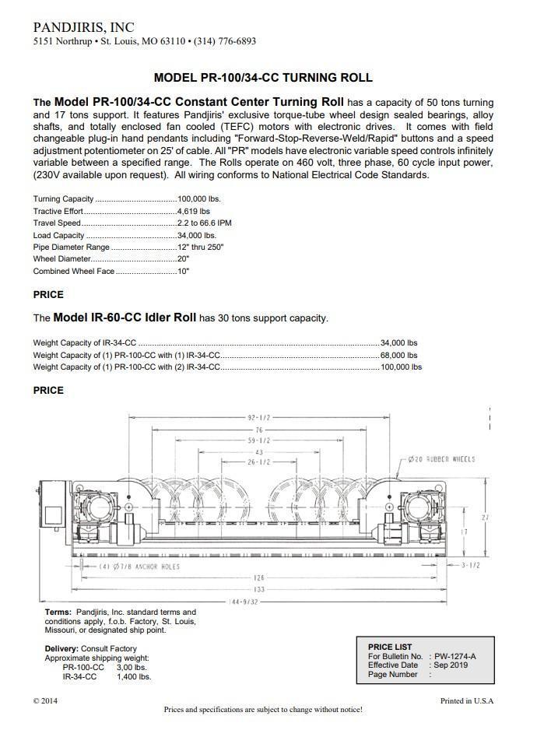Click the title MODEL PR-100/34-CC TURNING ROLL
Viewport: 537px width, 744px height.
pyautogui.click(x=263, y=78)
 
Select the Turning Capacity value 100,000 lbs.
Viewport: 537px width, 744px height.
pyautogui.click(x=199, y=199)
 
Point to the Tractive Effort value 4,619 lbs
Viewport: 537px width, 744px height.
pyautogui.click(x=194, y=211)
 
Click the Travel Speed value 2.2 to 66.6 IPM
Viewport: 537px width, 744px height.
pyautogui.click(x=205, y=223)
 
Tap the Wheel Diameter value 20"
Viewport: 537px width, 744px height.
pyautogui.click(x=184, y=259)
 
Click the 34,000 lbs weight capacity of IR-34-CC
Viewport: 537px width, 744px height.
pyautogui.click(x=398, y=342)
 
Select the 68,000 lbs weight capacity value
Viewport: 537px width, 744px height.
pyautogui.click(x=398, y=355)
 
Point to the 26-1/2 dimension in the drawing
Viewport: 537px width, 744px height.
pyautogui.click(x=258, y=461)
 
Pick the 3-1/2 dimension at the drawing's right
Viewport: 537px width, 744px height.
pyautogui.click(x=469, y=565)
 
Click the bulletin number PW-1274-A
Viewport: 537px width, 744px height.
pyautogui.click(x=455, y=656)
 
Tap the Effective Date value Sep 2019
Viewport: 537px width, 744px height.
pyautogui.click(x=451, y=665)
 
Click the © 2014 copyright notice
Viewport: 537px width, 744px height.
pyautogui.click(x=45, y=700)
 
